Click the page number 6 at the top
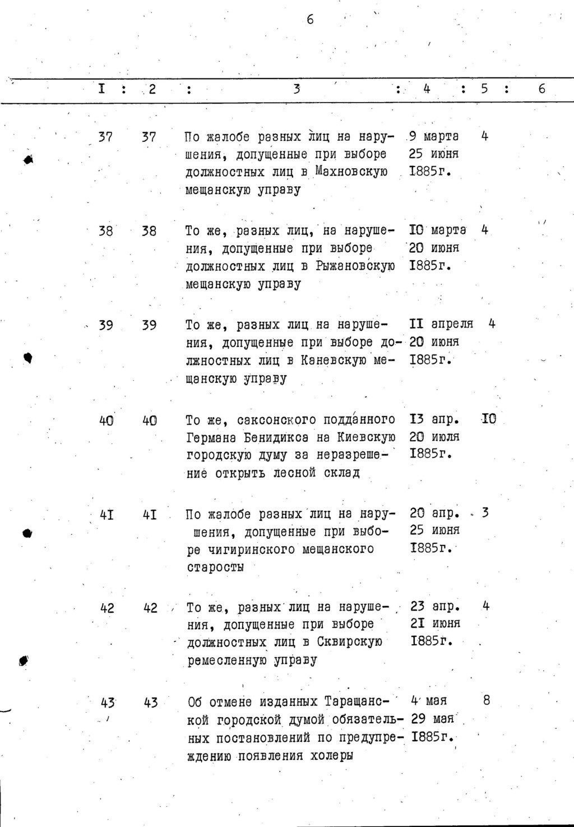click(310, 20)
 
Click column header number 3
click(297, 89)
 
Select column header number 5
click(484, 89)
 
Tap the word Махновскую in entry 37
click(351, 172)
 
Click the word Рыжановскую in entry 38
click(355, 266)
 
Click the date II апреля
click(441, 324)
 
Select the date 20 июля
click(434, 436)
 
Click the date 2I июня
click(435, 623)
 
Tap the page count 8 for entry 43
click(486, 700)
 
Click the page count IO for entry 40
click(489, 419)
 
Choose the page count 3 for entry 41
click(485, 512)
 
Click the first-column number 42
click(107, 608)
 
